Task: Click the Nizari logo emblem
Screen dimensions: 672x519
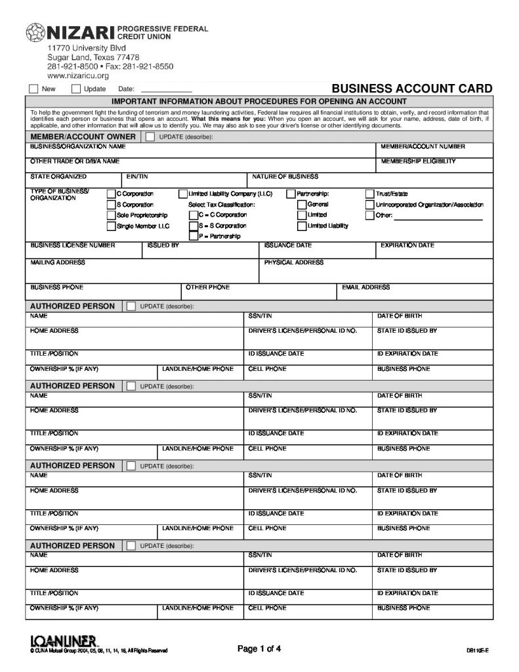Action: (x=35, y=32)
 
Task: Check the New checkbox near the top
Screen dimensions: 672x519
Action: (x=33, y=89)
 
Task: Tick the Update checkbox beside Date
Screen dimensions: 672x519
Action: (x=76, y=89)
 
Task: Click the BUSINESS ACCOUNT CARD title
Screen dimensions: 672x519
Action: (x=411, y=89)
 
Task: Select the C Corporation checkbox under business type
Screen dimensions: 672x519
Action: (x=111, y=194)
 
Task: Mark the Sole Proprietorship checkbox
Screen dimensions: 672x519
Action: (x=111, y=215)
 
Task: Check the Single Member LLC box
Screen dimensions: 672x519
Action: (x=111, y=226)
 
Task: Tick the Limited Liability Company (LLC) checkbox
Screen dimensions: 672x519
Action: (x=183, y=194)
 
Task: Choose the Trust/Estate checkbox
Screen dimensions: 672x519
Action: (x=370, y=194)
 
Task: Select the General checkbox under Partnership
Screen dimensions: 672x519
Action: (x=302, y=205)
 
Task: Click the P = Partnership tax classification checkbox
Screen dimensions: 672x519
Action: (x=193, y=236)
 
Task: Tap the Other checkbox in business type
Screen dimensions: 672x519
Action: (x=370, y=215)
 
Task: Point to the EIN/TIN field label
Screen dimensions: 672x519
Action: (x=137, y=177)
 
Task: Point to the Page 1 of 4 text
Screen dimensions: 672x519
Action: (x=259, y=649)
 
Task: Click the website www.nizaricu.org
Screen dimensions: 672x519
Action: (x=77, y=76)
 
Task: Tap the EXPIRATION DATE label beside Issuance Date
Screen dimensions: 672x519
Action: (x=407, y=245)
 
